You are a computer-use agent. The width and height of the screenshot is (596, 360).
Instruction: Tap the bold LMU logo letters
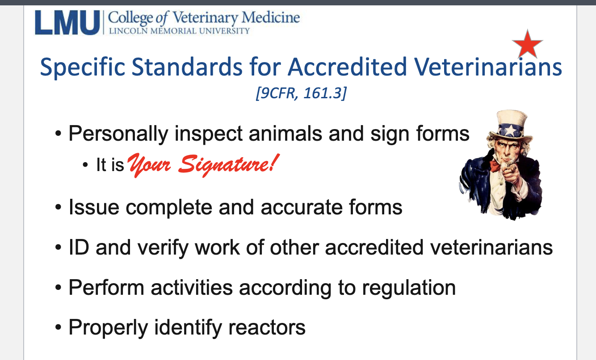pos(67,23)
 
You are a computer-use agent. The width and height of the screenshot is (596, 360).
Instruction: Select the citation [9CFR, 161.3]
pos(300,94)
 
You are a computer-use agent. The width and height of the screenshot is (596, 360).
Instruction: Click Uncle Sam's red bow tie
pos(495,166)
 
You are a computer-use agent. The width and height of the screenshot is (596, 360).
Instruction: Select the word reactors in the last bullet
pos(267,327)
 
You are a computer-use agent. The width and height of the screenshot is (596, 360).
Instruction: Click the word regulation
pos(408,288)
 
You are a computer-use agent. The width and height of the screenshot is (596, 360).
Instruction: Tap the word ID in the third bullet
pos(79,247)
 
